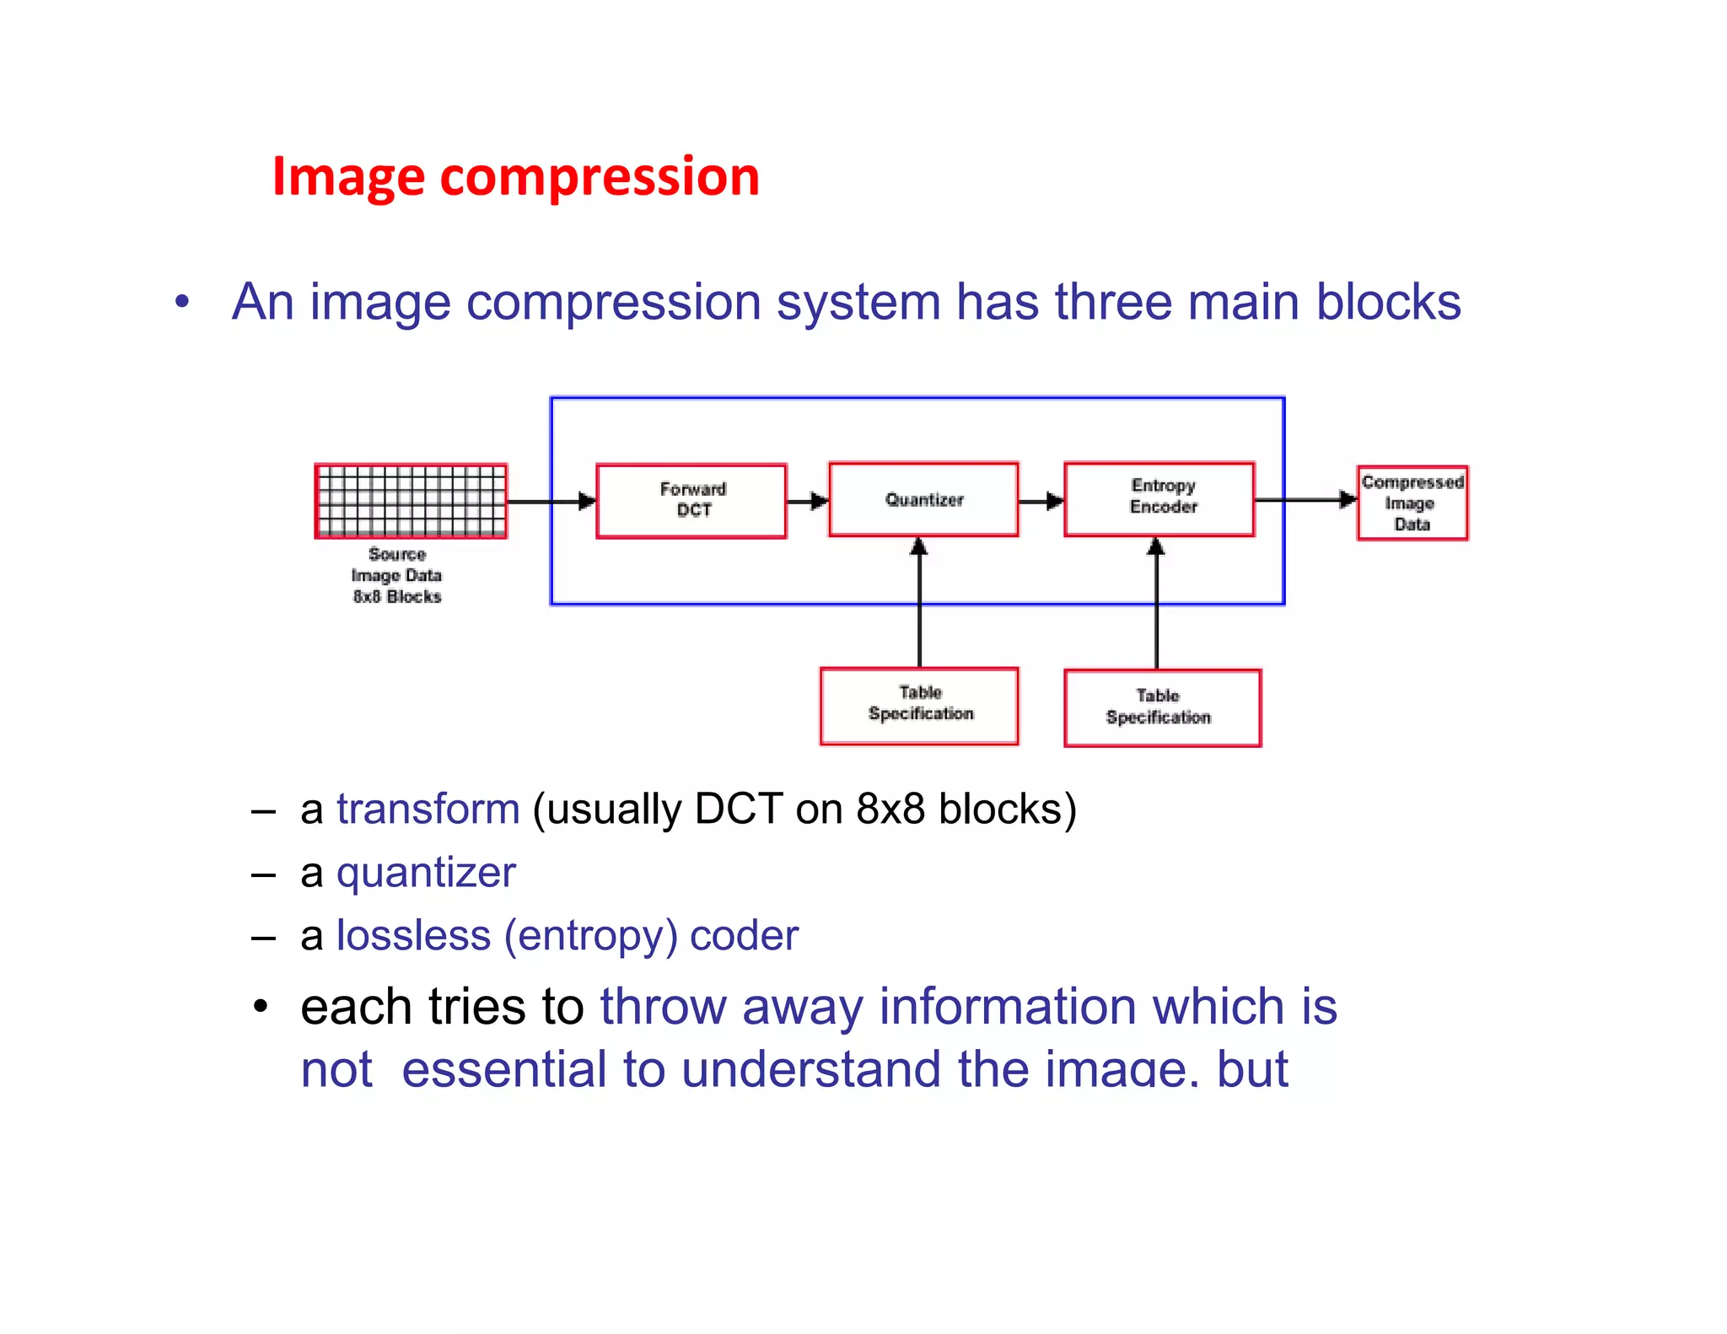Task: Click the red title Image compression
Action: click(515, 178)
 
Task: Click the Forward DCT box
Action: click(691, 500)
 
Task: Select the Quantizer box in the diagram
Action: click(923, 499)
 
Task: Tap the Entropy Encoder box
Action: click(1159, 498)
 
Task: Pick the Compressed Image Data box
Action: click(1412, 503)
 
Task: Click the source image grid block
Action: click(411, 501)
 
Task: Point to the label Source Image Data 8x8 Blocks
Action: click(396, 575)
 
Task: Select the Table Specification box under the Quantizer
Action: click(919, 705)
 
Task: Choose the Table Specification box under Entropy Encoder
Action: click(1162, 707)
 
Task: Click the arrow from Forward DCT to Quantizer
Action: click(808, 501)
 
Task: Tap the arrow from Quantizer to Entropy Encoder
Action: click(1041, 501)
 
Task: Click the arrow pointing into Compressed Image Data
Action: click(1307, 500)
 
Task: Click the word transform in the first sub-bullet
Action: click(428, 810)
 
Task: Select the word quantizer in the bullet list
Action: click(426, 873)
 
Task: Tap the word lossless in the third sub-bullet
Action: click(413, 936)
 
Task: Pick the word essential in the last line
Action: click(504, 1069)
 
